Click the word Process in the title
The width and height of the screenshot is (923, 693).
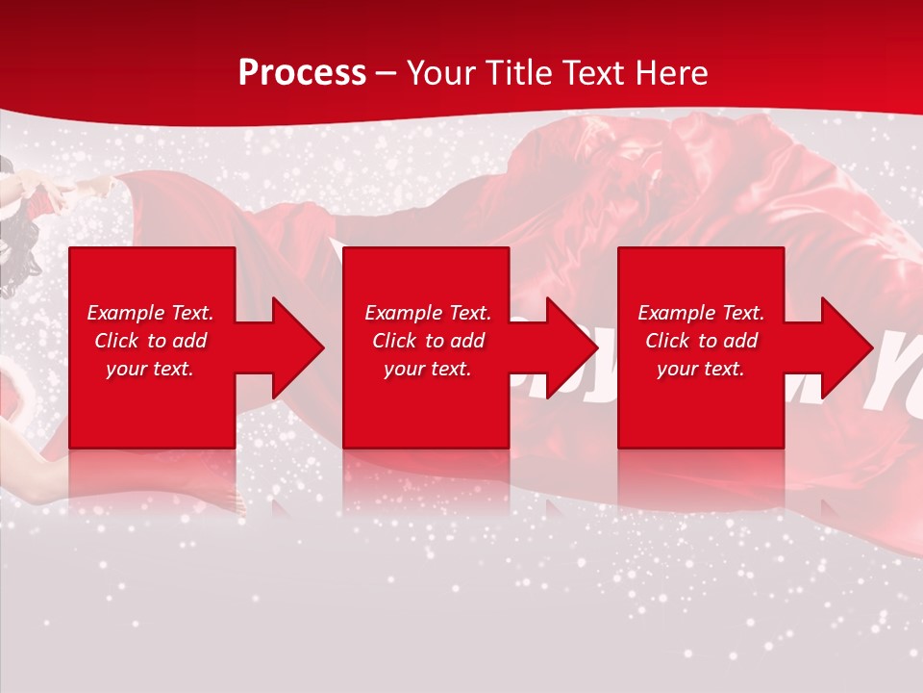pos(302,73)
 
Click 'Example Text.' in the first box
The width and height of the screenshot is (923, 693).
pos(150,313)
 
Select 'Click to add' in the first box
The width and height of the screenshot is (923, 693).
pos(150,341)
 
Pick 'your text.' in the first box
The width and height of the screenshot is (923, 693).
pos(150,369)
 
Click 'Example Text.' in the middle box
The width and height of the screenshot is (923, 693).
pos(428,313)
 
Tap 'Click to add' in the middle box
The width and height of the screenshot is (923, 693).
pos(428,341)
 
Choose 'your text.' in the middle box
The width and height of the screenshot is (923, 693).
pos(428,369)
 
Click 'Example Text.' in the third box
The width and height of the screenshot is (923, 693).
pos(701,313)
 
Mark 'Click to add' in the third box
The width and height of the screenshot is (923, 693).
pos(701,341)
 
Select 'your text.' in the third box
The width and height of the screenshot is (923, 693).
pos(701,369)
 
